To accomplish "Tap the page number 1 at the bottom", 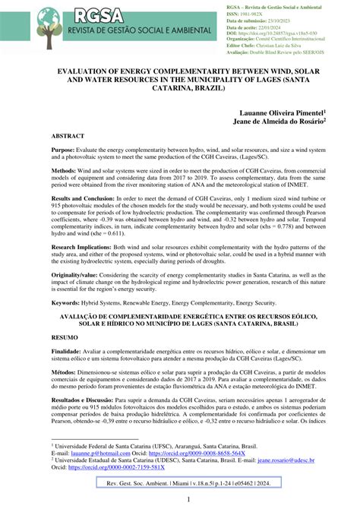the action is [180, 500].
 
